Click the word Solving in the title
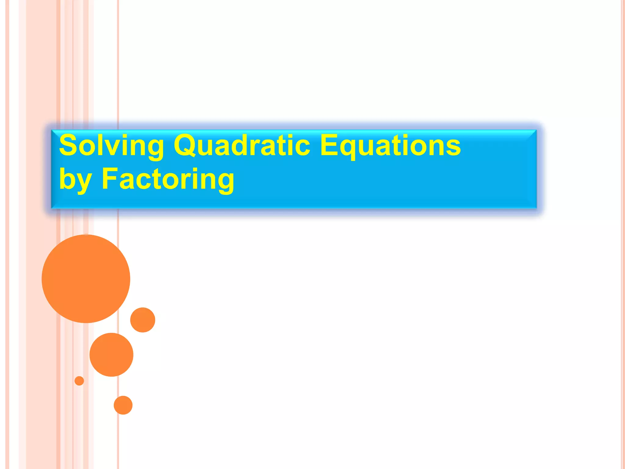111,146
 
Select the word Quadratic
242,146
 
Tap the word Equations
390,146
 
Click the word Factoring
168,180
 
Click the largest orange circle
86,279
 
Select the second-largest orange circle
111,355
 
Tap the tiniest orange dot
79,381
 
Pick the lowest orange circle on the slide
123,405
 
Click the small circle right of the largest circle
143,320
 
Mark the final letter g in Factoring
226,181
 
